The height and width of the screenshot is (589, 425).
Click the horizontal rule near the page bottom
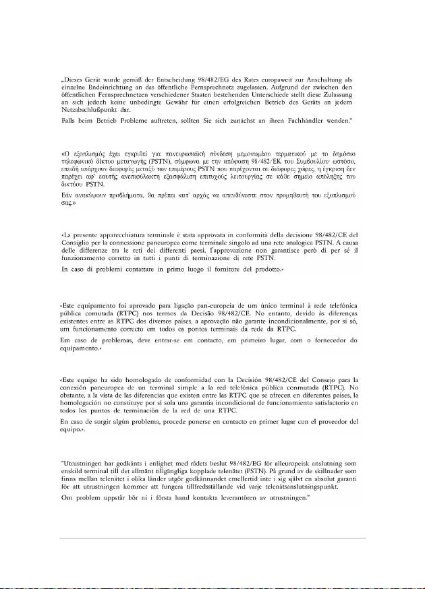point(213,538)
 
